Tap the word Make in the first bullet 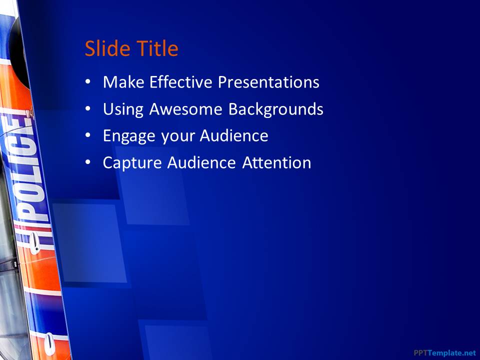click(x=123, y=82)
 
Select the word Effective click(x=180, y=82)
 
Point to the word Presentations click(x=268, y=82)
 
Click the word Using click(x=123, y=109)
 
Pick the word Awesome click(x=185, y=109)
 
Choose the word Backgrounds click(x=276, y=109)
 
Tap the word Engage click(x=129, y=136)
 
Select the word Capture click(x=132, y=162)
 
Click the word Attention click(x=276, y=162)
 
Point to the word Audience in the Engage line click(x=234, y=135)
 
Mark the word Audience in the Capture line click(x=201, y=162)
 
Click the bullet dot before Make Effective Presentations click(x=88, y=82)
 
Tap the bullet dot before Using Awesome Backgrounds click(x=88, y=109)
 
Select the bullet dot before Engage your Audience click(x=88, y=135)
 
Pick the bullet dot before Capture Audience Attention click(x=88, y=162)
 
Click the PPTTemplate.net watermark click(x=445, y=352)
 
